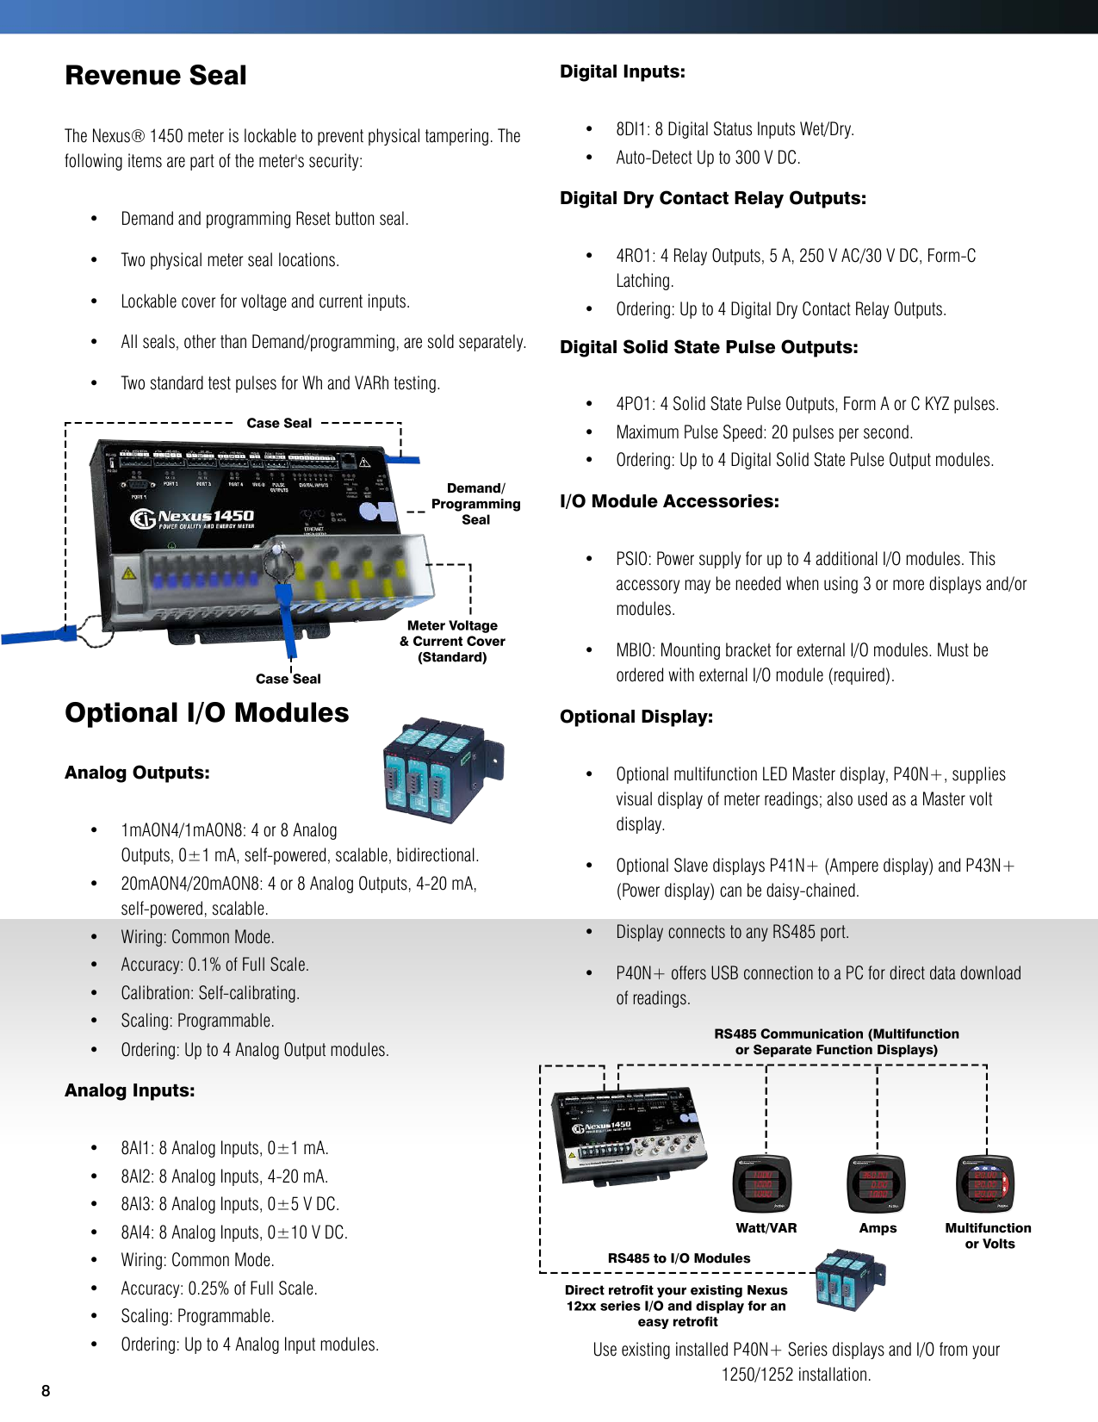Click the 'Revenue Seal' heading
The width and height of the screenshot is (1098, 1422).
[x=156, y=76]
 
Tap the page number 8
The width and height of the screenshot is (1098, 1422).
[x=46, y=1391]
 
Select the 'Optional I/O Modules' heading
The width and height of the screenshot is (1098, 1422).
[x=207, y=713]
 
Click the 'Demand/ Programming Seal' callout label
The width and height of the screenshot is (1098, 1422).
[x=475, y=504]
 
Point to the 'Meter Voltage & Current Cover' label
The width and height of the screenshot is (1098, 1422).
[x=452, y=641]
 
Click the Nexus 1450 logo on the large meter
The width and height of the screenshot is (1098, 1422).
[x=193, y=518]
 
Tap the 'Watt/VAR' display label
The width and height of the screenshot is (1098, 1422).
[x=766, y=1228]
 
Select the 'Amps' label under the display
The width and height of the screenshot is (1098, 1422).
[x=878, y=1228]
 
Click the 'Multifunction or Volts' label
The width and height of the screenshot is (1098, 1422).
[x=988, y=1236]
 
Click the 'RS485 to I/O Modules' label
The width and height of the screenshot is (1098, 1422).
[x=679, y=1258]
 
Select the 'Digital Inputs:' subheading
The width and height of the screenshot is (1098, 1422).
[x=623, y=71]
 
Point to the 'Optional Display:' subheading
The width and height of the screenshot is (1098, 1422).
[x=636, y=717]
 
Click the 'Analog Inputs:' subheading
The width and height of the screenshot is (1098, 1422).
[x=130, y=1090]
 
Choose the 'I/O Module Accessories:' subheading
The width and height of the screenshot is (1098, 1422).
[x=669, y=501]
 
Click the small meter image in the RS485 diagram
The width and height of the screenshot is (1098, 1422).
[x=630, y=1133]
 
